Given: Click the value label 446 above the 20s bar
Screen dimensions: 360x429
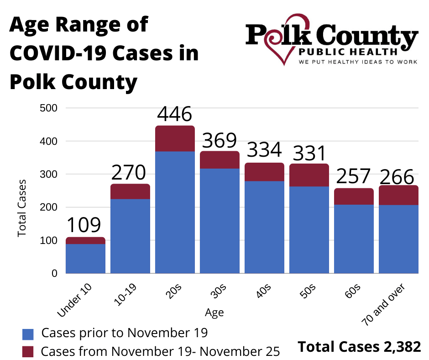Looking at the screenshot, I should click(175, 114).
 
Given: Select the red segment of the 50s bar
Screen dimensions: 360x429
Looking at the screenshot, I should click(309, 175).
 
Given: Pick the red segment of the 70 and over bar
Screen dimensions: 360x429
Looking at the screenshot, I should click(398, 195).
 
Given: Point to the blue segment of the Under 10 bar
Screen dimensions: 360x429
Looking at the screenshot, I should click(85, 259).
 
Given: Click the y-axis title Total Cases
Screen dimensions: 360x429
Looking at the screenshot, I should click(21, 208).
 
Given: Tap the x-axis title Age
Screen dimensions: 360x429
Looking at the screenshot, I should click(214, 312).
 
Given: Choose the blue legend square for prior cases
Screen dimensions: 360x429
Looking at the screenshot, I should click(28, 334).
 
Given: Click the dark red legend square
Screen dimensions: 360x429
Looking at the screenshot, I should click(28, 351).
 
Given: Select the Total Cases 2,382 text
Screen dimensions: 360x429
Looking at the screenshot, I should click(359, 347).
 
